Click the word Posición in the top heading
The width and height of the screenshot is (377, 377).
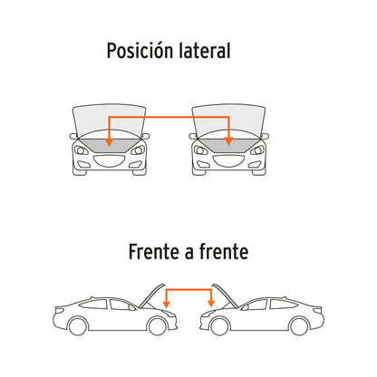point(140,51)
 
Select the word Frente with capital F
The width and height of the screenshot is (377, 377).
point(153,252)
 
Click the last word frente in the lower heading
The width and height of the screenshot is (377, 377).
point(224,252)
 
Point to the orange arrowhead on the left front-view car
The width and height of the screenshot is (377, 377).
point(109,142)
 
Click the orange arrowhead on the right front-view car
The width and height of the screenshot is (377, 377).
point(228,140)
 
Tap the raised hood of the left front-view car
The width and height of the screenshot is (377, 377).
point(109,121)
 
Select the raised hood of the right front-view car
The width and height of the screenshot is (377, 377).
point(228,121)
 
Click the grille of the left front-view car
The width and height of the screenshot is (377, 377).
point(110,161)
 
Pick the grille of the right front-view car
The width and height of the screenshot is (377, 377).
point(228,161)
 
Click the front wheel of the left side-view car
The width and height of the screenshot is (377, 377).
point(158,326)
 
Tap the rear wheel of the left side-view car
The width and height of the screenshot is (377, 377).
point(78,326)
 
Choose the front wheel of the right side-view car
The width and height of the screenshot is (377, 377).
point(219,326)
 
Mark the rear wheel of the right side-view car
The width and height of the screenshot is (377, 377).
point(299,326)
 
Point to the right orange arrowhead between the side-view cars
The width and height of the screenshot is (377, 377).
point(211,304)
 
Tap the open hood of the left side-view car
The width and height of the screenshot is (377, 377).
point(152,296)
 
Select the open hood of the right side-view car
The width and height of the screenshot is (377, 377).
point(226,296)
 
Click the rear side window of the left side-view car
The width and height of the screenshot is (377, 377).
point(93,304)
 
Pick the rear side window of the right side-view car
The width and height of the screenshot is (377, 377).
point(284,304)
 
